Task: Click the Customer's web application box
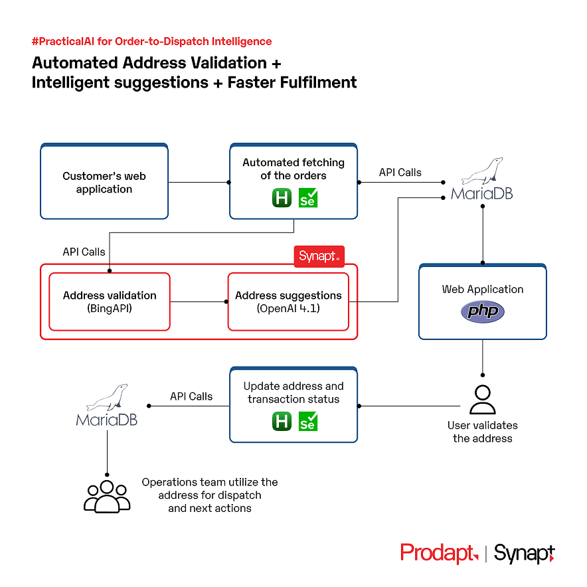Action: click(104, 183)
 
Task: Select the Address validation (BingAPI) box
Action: click(110, 301)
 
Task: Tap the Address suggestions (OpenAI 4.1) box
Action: click(288, 301)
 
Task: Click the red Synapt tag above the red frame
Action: click(319, 256)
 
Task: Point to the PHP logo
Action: click(483, 311)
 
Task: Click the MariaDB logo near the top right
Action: click(482, 180)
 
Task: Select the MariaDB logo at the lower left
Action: click(107, 406)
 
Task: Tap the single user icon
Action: click(482, 400)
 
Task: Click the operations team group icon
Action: click(108, 496)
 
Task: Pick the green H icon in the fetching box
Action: click(282, 198)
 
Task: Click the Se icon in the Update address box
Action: click(308, 422)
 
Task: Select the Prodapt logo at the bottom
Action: click(438, 553)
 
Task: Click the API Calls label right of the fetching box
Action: click(400, 173)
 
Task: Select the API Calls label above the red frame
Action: click(84, 252)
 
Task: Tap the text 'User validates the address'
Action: click(482, 432)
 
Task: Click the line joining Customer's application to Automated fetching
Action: click(199, 182)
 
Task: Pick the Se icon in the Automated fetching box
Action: click(308, 198)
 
